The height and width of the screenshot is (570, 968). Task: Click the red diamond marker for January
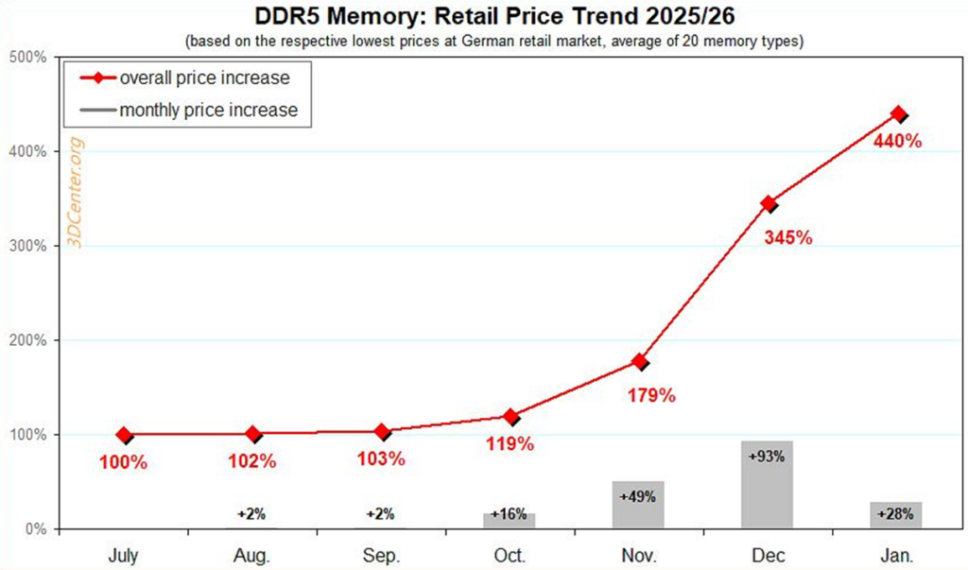pos(898,114)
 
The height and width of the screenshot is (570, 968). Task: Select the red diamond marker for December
pos(769,204)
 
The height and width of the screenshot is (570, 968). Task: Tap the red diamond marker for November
pos(640,362)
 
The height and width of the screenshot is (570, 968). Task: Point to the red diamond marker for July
pos(124,435)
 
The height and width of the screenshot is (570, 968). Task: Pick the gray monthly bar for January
pos(896,515)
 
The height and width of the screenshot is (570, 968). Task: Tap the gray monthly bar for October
pos(510,520)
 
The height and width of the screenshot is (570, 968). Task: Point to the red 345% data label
pos(787,237)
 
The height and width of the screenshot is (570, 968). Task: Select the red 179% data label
pos(651,394)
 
